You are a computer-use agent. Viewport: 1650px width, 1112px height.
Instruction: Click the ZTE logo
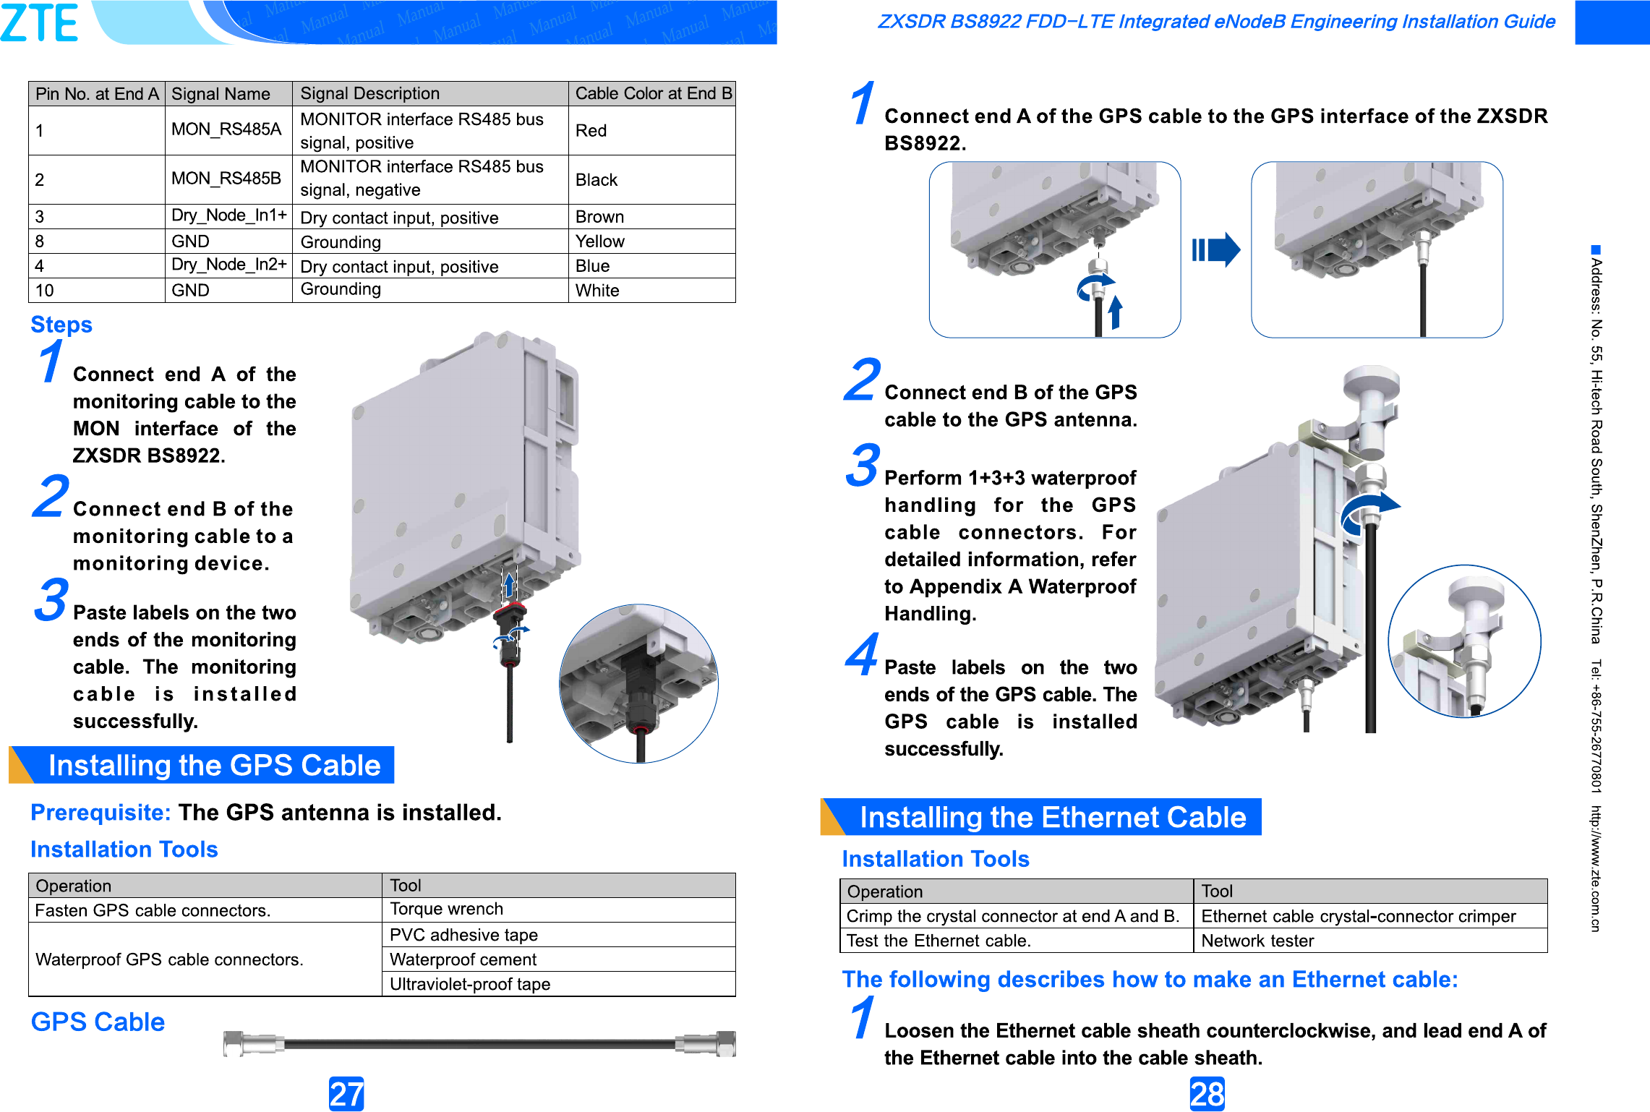point(40,22)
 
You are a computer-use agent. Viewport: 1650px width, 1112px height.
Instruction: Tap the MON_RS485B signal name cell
point(226,179)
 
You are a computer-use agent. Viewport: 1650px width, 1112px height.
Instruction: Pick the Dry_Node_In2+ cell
point(228,265)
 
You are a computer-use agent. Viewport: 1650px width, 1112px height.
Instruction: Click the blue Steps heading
point(61,325)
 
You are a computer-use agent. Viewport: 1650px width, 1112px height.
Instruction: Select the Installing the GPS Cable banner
point(213,765)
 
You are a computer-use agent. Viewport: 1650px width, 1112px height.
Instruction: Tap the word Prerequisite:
point(101,813)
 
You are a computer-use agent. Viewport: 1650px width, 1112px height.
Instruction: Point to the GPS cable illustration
point(479,1043)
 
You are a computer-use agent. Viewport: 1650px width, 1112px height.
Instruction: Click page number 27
point(346,1094)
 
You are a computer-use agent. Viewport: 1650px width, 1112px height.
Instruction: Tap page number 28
point(1207,1094)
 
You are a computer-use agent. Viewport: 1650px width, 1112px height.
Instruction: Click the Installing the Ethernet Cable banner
point(1052,817)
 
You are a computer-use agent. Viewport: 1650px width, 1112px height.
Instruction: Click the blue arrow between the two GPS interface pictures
point(1216,250)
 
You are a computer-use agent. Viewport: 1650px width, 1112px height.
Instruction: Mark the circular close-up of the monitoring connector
point(638,683)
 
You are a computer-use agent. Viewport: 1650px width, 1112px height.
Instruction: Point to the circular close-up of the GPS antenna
point(1464,641)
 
